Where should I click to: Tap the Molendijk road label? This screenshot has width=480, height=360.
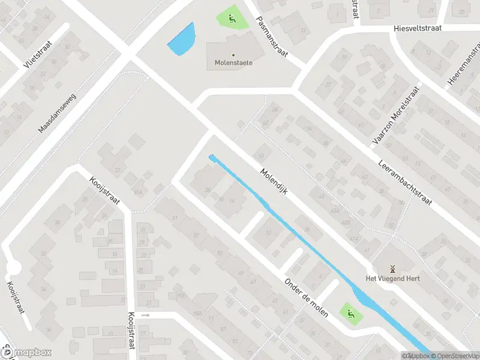275,181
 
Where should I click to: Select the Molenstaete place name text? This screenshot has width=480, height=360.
233,62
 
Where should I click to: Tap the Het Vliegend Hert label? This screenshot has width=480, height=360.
393,278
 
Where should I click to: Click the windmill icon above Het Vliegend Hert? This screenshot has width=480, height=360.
393,268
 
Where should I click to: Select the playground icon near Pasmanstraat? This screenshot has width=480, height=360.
232,18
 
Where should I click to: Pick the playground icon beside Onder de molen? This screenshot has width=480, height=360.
349,312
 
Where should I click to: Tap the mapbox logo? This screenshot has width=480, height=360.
26,353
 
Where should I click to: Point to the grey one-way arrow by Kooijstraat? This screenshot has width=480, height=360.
145,314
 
